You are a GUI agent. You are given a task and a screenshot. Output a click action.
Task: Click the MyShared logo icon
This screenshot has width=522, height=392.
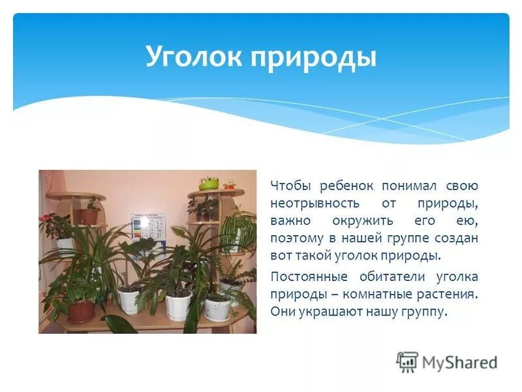point(407,361)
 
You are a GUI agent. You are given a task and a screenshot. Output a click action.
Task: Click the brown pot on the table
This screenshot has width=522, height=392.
point(81,310)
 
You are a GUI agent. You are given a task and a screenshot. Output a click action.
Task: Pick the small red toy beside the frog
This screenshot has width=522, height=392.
point(229,185)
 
